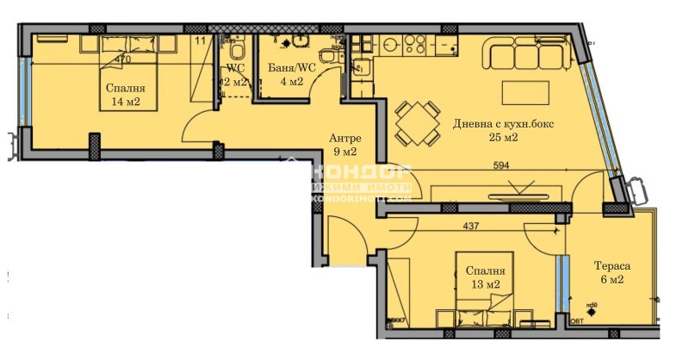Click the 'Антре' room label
click(344, 139)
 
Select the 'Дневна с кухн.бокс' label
click(504, 124)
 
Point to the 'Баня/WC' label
click(285, 68)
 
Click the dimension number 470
click(122, 59)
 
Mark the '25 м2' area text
click(504, 138)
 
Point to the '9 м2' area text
click(344, 153)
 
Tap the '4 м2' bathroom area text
click(290, 82)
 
